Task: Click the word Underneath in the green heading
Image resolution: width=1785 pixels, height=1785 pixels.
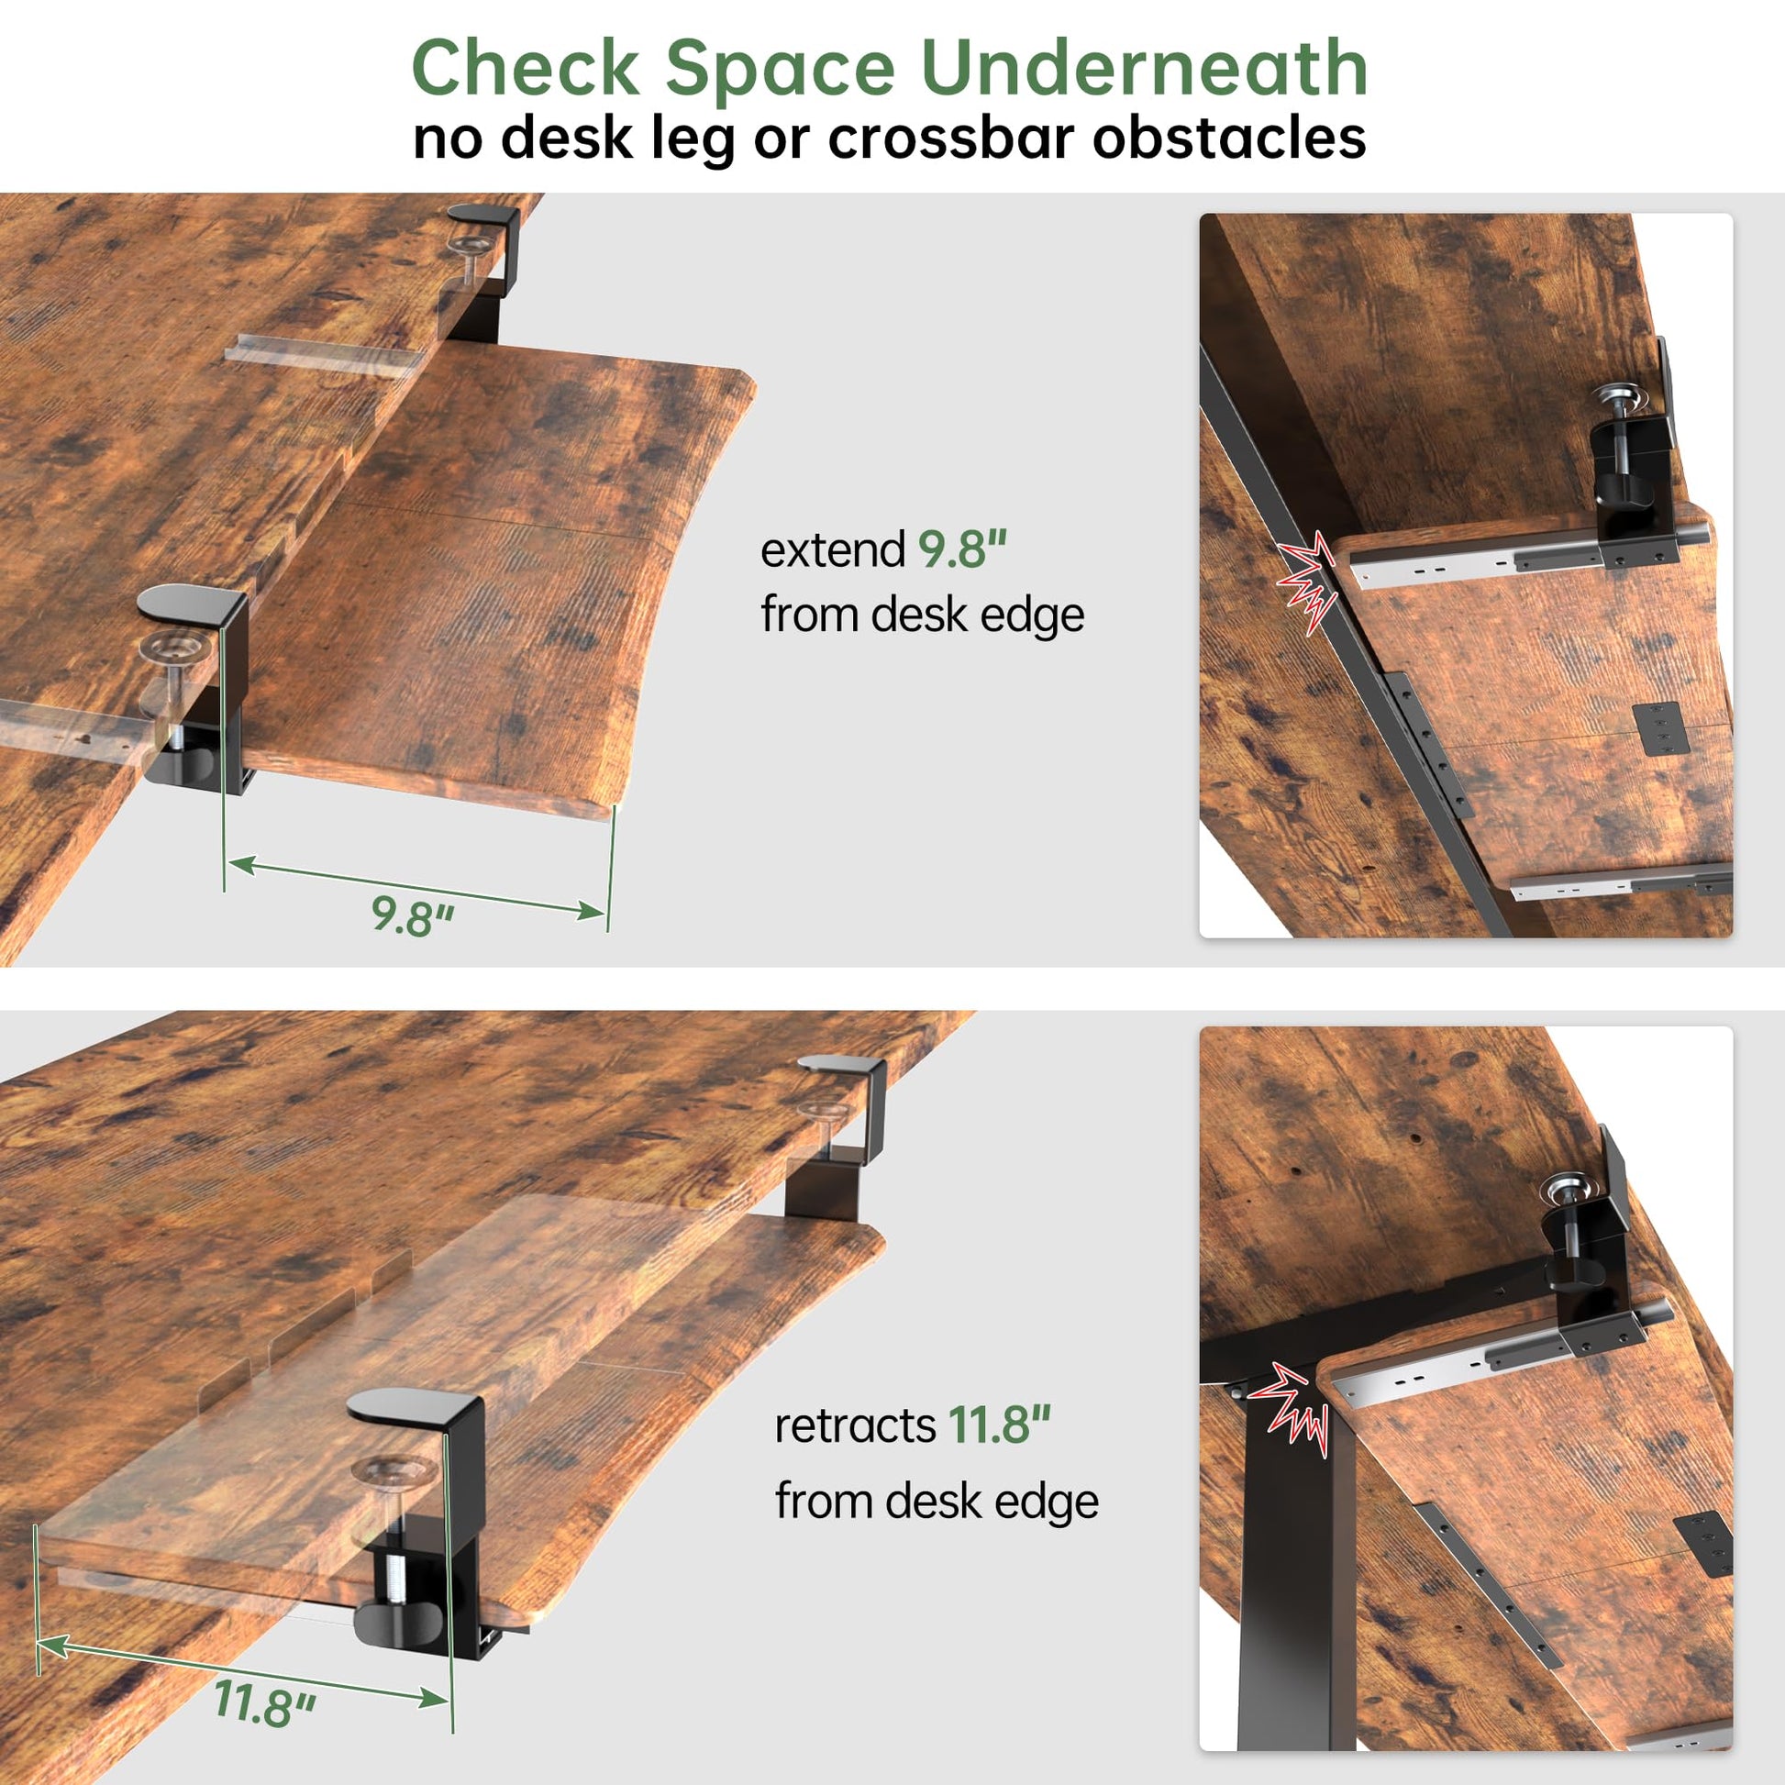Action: point(1145,68)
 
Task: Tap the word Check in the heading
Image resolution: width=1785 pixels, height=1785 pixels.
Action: point(525,68)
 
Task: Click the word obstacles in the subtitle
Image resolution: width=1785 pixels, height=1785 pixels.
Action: point(1229,138)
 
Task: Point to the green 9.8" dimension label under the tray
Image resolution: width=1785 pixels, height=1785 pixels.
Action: point(413,915)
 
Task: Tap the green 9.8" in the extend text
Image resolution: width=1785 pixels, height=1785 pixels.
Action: point(962,549)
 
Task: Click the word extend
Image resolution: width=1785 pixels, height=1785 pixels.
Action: point(833,550)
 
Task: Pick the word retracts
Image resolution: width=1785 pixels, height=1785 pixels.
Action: point(856,1425)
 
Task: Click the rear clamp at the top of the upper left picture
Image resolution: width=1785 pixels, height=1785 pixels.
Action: point(483,263)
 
